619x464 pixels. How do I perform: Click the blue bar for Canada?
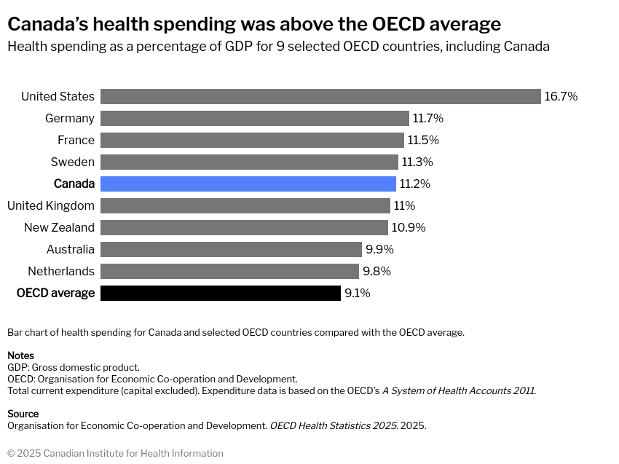click(248, 184)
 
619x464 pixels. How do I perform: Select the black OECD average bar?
click(220, 293)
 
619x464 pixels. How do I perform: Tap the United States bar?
click(320, 96)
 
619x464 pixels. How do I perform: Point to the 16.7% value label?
click(561, 96)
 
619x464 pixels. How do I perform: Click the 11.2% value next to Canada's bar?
click(415, 184)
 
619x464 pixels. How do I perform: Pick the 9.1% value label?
click(358, 293)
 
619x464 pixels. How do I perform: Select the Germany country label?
click(70, 118)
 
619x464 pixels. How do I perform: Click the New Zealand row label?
click(59, 227)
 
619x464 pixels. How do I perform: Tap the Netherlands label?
click(61, 271)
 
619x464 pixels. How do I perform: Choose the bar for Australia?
click(231, 249)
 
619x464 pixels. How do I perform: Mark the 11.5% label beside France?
click(423, 140)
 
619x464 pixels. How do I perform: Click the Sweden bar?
click(249, 162)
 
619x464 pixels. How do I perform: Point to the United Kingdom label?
click(51, 205)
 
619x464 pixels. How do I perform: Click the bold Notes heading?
click(20, 355)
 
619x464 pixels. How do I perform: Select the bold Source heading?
click(23, 414)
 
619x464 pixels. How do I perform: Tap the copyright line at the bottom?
click(115, 453)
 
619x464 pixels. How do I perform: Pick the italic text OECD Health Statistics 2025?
click(334, 425)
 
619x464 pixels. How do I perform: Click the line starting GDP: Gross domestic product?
click(74, 367)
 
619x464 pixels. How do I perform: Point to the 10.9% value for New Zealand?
click(409, 227)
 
